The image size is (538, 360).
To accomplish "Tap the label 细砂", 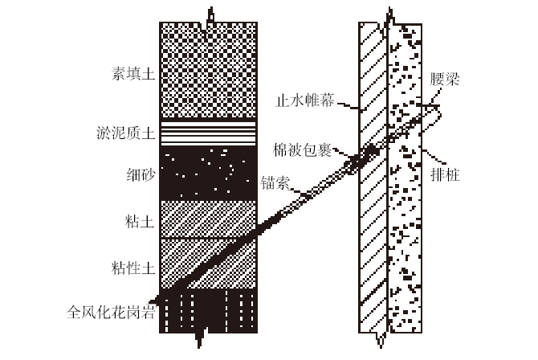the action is pyautogui.click(x=135, y=171).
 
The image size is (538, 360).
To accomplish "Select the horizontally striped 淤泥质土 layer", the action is pyautogui.click(x=209, y=132).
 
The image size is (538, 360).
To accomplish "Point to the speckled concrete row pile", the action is pyautogui.click(x=406, y=241).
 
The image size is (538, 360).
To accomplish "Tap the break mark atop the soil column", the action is pyautogui.click(x=210, y=15).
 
